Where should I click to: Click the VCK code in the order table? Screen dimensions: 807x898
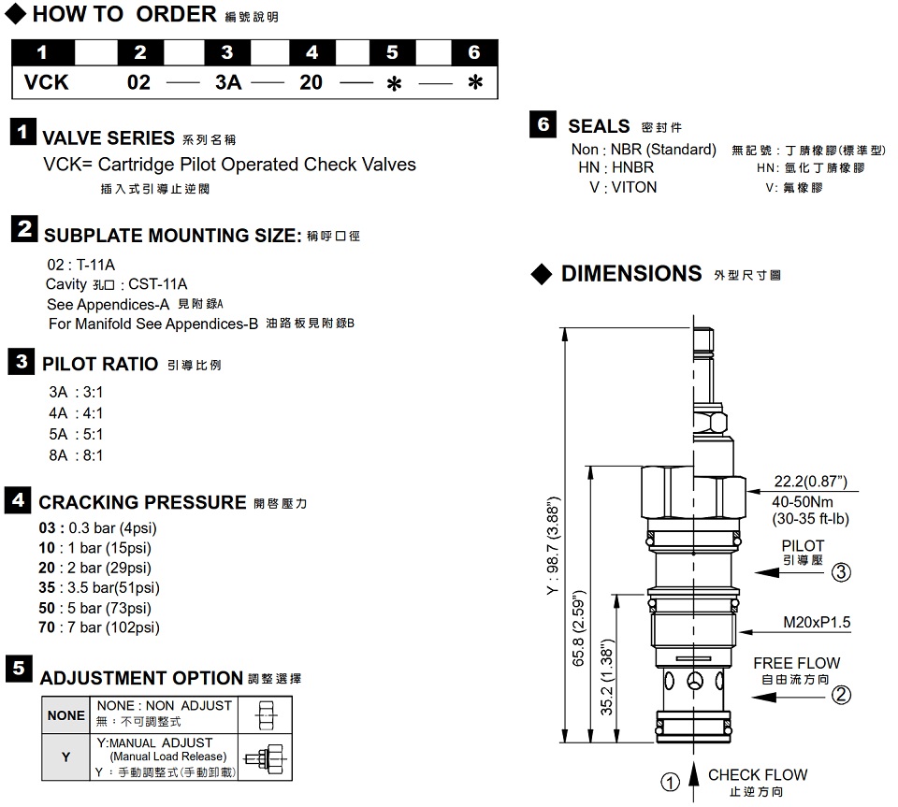(47, 82)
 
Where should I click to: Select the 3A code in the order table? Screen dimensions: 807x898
(228, 82)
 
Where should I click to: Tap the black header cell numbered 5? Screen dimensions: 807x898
(393, 52)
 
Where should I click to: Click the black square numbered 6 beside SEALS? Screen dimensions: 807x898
(543, 124)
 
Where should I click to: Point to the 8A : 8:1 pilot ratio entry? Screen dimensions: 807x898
(76, 455)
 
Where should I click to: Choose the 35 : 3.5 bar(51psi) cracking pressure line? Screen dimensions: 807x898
(98, 587)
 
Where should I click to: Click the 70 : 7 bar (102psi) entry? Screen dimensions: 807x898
(98, 627)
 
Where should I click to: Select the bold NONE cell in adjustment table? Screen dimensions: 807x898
(65, 715)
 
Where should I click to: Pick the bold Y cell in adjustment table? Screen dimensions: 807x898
(65, 757)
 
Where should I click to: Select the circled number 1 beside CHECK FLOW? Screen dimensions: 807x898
(670, 783)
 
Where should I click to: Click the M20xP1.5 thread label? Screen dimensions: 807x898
(817, 624)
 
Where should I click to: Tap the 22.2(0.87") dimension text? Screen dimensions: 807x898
(810, 482)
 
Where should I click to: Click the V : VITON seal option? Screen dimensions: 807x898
(623, 187)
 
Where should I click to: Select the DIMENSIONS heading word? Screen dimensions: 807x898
(630, 273)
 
